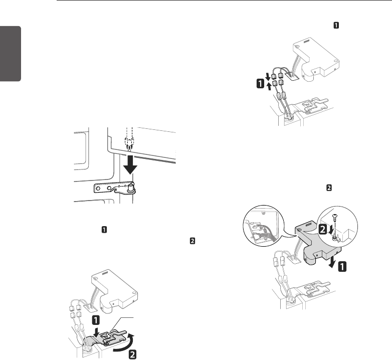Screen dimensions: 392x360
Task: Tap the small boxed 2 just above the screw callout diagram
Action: pyautogui.click(x=329, y=189)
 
